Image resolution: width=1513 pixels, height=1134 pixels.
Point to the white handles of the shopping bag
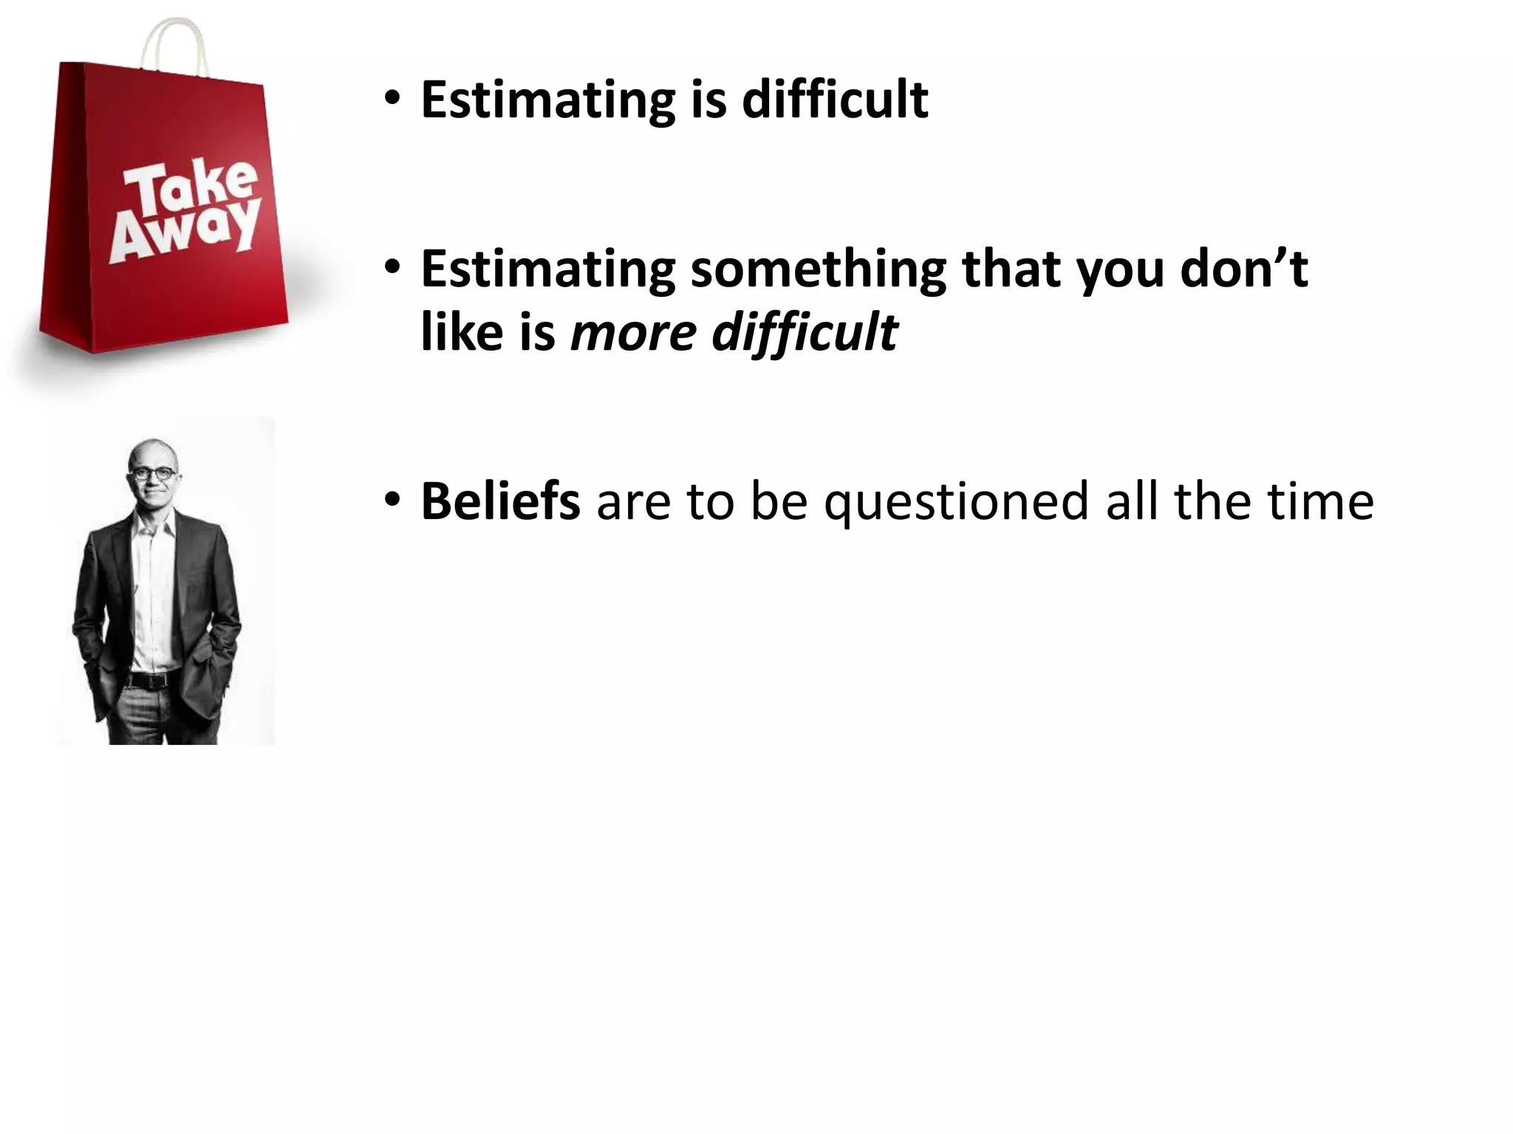pyautogui.click(x=174, y=44)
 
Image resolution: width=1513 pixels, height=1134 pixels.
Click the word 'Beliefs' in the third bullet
pyautogui.click(x=500, y=501)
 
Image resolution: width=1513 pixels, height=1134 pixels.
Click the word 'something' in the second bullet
pyautogui.click(x=818, y=269)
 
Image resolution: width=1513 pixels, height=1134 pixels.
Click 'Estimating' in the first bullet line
pyautogui.click(x=547, y=100)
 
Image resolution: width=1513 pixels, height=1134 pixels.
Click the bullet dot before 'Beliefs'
pyautogui.click(x=392, y=499)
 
